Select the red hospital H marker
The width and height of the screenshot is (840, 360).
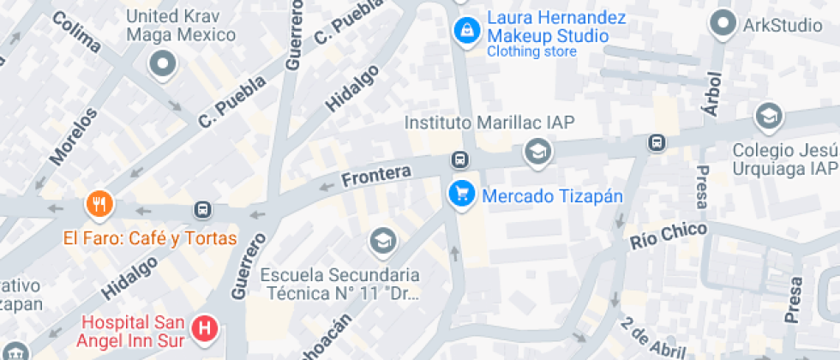(x=205, y=327)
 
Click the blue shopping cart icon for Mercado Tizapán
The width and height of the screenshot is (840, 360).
(x=461, y=194)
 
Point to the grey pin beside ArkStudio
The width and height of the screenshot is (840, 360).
(x=725, y=23)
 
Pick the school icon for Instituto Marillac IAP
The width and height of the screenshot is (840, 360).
(x=538, y=153)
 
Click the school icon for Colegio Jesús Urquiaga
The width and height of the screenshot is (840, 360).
(x=768, y=116)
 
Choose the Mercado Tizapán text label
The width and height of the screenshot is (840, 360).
(x=552, y=196)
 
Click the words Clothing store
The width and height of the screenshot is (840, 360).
(x=531, y=51)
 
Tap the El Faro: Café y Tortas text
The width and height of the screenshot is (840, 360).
(x=149, y=237)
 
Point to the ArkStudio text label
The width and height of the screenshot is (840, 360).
(x=783, y=25)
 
